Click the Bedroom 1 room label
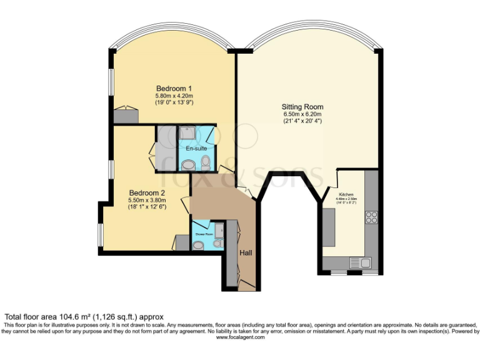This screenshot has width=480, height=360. coord(174,88)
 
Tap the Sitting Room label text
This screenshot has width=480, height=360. coord(302,107)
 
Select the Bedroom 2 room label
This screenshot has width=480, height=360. coord(147,192)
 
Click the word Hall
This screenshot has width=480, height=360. coord(247,252)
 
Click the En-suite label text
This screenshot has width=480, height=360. coord(196,148)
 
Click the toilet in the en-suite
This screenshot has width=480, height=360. coord(206,164)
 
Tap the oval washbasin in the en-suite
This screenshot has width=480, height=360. coord(187,165)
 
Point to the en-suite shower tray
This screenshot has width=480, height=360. coord(187,133)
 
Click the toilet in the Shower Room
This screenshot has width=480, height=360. coord(198,246)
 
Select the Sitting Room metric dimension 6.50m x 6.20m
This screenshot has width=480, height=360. coord(302,114)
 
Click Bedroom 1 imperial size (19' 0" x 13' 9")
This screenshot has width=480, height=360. coord(174,103)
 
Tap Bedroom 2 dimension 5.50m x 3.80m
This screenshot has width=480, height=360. coord(147,200)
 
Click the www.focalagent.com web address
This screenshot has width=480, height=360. coord(240,337)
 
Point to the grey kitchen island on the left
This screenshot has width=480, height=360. coord(329,227)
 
